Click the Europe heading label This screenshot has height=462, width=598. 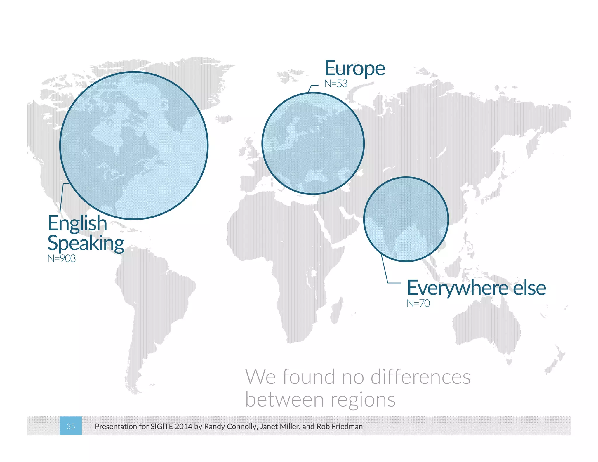[355, 69]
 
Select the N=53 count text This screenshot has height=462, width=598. [336, 84]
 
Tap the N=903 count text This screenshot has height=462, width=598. [62, 258]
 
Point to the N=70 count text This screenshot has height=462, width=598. [418, 303]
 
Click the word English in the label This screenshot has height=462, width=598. [77, 223]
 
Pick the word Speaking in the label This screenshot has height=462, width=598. [86, 243]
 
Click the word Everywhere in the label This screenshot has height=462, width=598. [458, 288]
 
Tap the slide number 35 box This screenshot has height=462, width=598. [71, 426]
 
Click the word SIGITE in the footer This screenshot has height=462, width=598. [161, 426]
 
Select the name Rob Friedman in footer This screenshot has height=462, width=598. [340, 426]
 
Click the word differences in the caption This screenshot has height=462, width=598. [420, 377]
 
